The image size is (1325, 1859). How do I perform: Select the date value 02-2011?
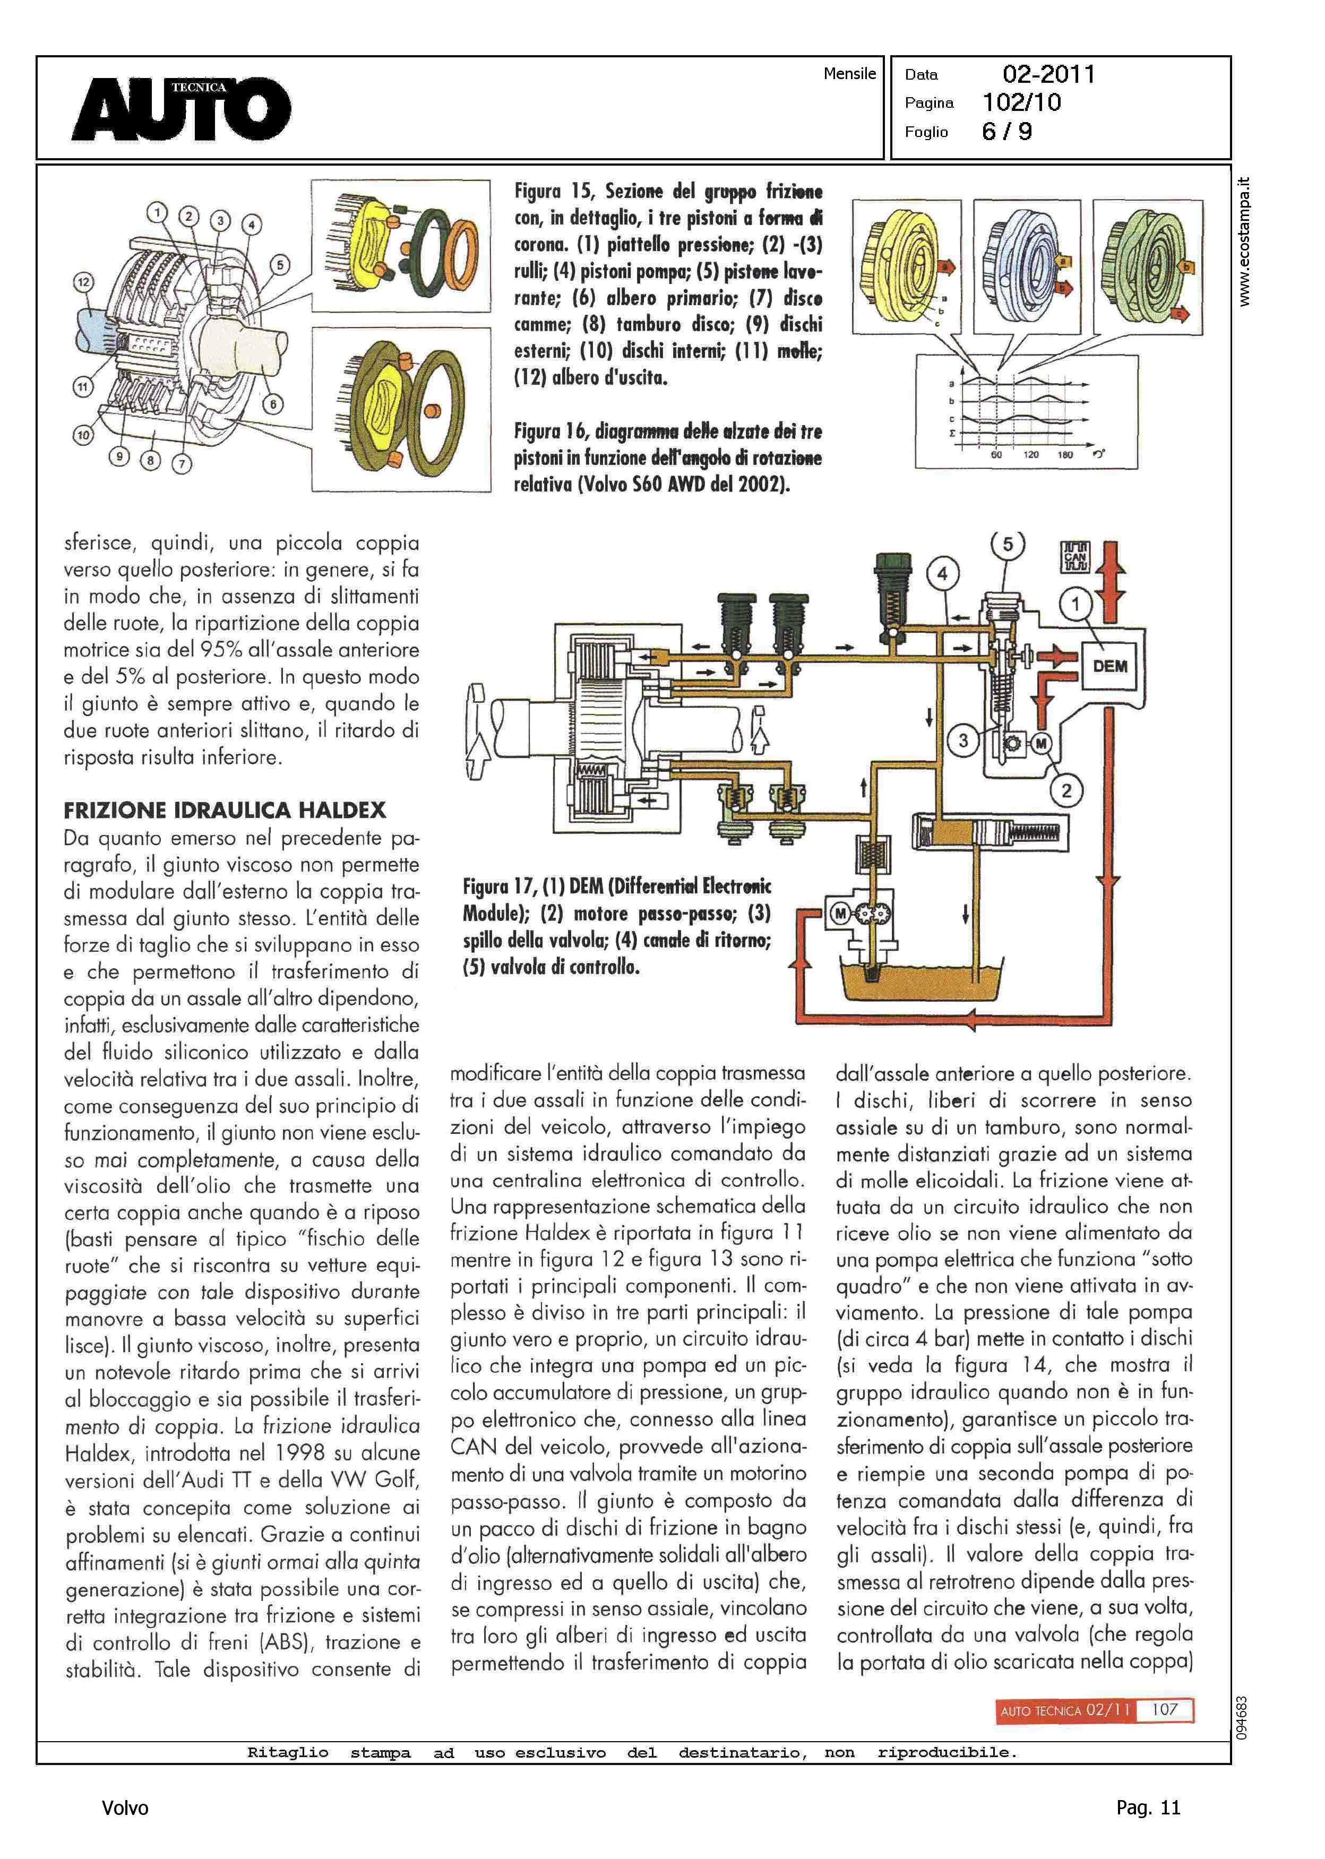tap(1048, 74)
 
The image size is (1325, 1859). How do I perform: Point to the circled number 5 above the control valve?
tap(1008, 545)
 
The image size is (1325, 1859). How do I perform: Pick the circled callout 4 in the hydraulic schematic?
tap(942, 573)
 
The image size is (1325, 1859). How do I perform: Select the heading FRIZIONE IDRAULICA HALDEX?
tap(225, 810)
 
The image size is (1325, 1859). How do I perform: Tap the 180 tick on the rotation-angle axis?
tap(1065, 454)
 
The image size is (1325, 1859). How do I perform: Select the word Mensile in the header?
tap(849, 73)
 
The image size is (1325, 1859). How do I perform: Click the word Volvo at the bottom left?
tap(125, 1809)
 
